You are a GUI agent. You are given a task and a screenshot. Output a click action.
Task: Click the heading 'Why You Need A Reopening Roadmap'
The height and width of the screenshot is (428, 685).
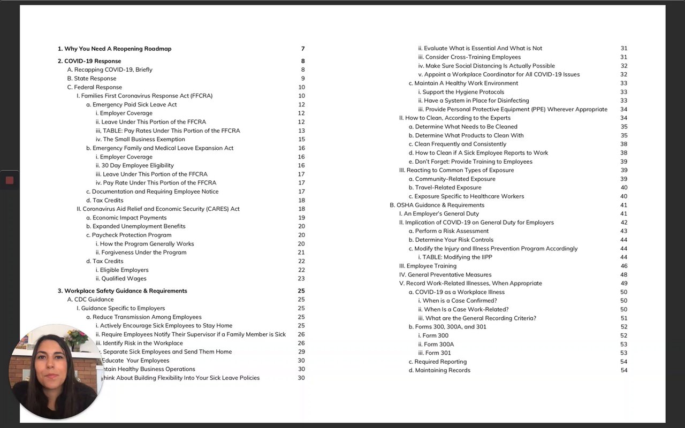point(115,49)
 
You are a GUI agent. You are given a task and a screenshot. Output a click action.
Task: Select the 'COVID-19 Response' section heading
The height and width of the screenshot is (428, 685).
point(89,61)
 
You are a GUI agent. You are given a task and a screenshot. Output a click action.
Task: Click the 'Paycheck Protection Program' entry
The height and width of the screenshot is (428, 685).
point(132,235)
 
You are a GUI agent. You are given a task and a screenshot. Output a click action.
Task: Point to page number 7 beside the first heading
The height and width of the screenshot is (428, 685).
point(303,49)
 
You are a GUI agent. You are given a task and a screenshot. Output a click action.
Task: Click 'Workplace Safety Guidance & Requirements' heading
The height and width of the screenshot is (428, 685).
point(123,291)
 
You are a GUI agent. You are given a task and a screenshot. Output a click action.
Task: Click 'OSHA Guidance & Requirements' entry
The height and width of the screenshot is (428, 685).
point(433,205)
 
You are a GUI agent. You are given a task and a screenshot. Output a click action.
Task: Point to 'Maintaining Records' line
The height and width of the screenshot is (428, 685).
point(443,370)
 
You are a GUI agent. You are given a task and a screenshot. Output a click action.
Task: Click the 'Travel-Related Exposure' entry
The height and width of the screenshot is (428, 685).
point(448,187)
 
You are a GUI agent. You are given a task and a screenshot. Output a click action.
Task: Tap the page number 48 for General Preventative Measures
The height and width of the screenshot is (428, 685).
point(624,274)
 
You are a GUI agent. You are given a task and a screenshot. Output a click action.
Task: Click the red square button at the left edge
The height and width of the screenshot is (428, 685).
point(9,180)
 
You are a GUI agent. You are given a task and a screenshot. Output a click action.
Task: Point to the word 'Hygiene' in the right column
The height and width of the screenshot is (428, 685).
point(468,92)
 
